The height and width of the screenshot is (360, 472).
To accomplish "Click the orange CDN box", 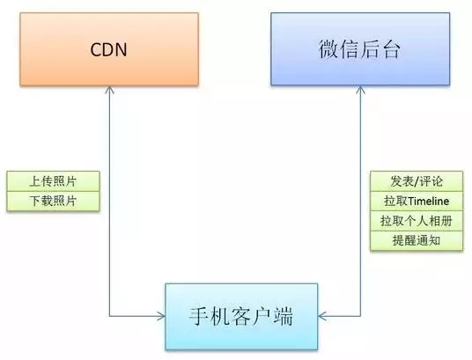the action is [109, 49].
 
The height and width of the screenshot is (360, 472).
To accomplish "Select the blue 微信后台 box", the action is [360, 49].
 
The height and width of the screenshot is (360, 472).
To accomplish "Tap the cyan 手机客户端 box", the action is [241, 316].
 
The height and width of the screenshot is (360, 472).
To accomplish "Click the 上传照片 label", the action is [53, 181].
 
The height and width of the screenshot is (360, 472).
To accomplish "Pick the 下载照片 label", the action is [53, 201].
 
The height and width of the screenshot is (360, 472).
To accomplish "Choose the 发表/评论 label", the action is [417, 181].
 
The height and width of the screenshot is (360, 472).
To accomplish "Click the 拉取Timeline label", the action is [417, 201].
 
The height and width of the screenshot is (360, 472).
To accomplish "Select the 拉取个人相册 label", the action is [417, 221].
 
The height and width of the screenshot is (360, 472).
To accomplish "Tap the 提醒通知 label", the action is [417, 240].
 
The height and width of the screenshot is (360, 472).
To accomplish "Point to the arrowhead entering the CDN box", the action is [109, 89].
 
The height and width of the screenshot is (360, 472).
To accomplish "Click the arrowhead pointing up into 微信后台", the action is [360, 89].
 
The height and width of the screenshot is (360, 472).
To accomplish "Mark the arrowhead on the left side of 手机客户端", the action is [162, 316].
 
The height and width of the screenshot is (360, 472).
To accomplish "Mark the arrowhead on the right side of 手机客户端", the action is [321, 316].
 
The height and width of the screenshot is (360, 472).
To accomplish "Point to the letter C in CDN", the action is [96, 49].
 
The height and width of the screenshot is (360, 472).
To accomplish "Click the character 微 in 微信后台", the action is [328, 49].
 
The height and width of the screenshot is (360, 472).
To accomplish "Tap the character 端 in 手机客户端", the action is [283, 316].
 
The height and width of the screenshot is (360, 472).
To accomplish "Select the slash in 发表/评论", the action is [417, 181].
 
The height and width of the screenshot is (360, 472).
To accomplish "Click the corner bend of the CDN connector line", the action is [109, 316].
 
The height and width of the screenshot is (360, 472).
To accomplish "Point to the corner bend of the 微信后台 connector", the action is [360, 316].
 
